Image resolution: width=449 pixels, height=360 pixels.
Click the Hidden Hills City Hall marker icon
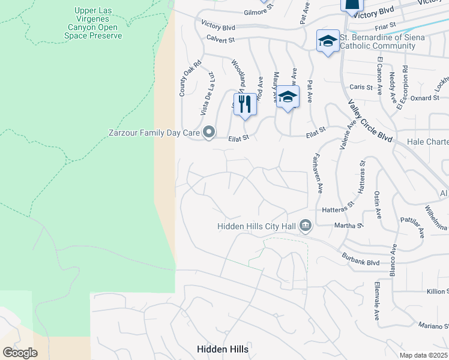(306, 226)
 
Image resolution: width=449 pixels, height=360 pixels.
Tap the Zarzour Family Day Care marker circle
(209, 131)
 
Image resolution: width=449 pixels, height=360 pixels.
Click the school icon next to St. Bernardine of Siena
(328, 41)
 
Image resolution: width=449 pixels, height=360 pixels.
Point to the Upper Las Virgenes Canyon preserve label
(93, 23)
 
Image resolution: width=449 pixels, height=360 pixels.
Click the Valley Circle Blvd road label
(370, 121)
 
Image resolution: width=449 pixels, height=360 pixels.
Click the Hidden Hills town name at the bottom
(223, 349)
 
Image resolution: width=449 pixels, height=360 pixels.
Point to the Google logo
(20, 353)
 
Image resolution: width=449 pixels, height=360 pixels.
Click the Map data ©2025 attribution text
(423, 355)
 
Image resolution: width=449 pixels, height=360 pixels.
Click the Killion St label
(437, 291)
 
